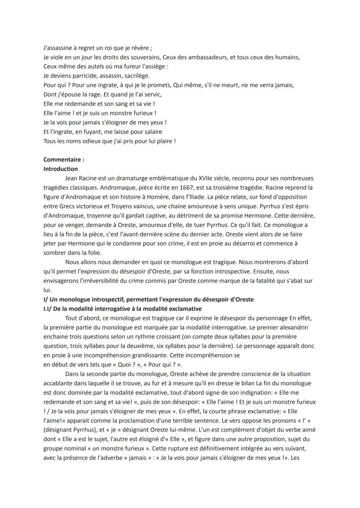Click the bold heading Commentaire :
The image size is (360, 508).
64,159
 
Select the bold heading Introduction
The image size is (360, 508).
61,169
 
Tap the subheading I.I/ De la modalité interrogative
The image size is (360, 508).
123,309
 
